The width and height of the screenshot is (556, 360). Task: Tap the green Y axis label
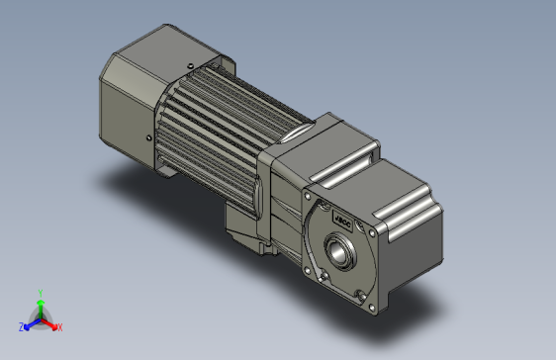39,293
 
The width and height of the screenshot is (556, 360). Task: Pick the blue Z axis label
21,326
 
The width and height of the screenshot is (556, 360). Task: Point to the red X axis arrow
50,322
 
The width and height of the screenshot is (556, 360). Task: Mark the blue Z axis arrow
29,322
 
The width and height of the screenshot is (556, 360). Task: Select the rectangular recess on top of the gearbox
356,149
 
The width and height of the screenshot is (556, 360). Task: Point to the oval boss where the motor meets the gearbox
298,134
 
